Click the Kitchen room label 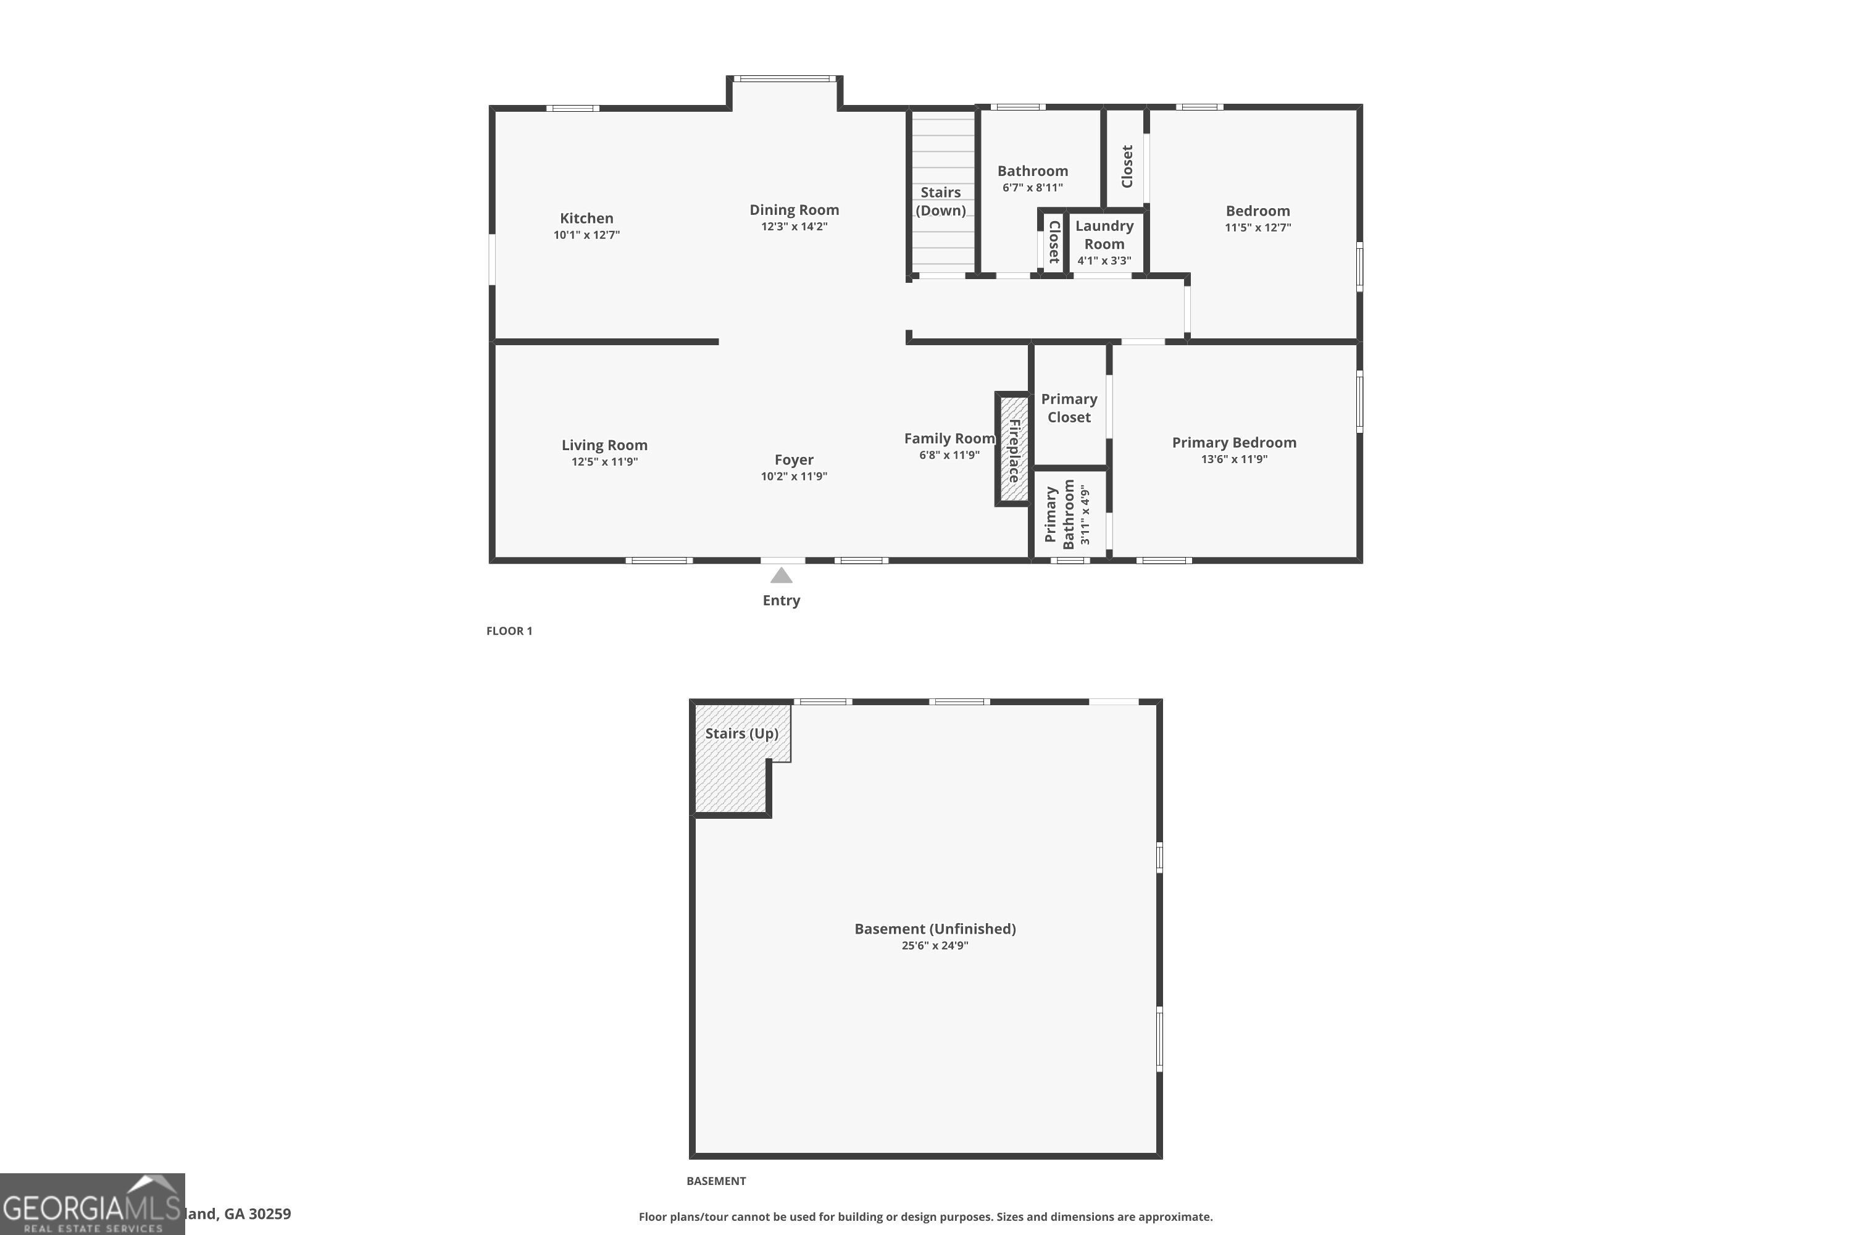point(586,218)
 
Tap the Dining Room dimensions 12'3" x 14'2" point(794,227)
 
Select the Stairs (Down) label point(940,201)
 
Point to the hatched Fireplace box point(1014,450)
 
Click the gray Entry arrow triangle point(781,576)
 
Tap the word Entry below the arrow point(781,600)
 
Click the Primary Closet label point(1069,408)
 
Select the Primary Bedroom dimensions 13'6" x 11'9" point(1234,459)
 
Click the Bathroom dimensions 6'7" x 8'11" point(1032,188)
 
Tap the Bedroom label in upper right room point(1258,211)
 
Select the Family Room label point(949,438)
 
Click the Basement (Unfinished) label point(935,929)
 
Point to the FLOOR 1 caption point(509,631)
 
